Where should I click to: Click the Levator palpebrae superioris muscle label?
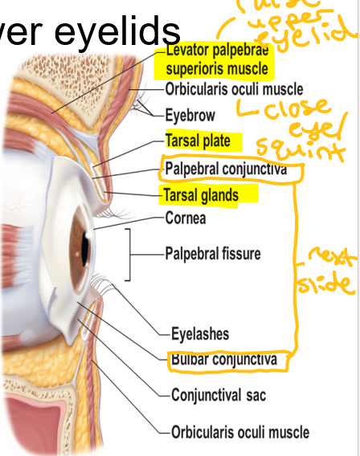(x=216, y=59)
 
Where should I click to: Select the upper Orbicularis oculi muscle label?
(x=234, y=88)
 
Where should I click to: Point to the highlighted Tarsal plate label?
(x=198, y=141)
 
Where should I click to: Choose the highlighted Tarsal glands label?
(x=201, y=194)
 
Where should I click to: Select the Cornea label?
(x=186, y=218)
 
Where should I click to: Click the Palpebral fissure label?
(x=213, y=254)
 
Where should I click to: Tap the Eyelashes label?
(x=200, y=333)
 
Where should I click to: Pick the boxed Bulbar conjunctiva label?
(x=223, y=360)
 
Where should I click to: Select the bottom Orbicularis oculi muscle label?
(x=239, y=432)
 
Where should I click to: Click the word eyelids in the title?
(x=129, y=31)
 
